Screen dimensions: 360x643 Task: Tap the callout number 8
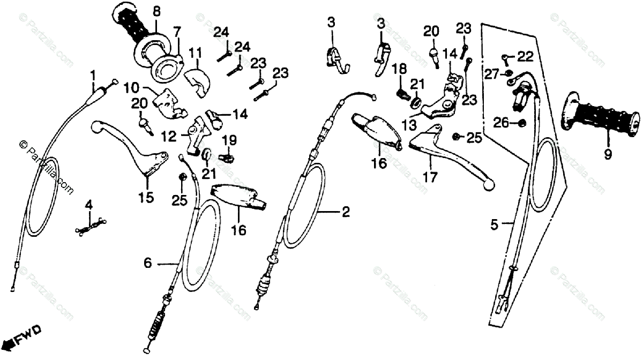pos(156,10)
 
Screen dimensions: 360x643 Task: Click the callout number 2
pos(346,213)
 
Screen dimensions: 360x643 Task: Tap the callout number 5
pos(495,225)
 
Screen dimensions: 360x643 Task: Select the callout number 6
pos(148,262)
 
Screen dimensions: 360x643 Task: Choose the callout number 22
pos(525,56)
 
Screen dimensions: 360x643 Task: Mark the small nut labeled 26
pos(521,124)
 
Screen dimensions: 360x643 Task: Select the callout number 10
pos(132,87)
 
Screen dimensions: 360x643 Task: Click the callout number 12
pos(169,137)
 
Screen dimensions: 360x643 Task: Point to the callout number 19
pos(229,141)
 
